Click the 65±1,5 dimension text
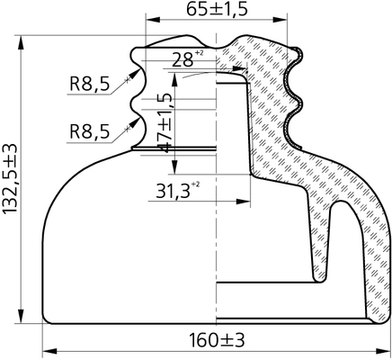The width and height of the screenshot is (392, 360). pyautogui.click(x=217, y=9)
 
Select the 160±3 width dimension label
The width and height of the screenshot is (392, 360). pyautogui.click(x=217, y=340)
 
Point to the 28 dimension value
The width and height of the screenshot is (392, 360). pyautogui.click(x=183, y=60)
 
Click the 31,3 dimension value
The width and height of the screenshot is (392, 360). pyautogui.click(x=174, y=191)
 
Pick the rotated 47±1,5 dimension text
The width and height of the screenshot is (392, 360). pyautogui.click(x=165, y=122)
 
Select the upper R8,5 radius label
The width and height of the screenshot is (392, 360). pyautogui.click(x=90, y=84)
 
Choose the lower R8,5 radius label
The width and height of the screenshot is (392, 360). pyautogui.click(x=90, y=131)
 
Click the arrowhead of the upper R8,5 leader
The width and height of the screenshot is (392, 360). pyautogui.click(x=135, y=73)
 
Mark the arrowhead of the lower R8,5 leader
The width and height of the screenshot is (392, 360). pyautogui.click(x=135, y=121)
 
